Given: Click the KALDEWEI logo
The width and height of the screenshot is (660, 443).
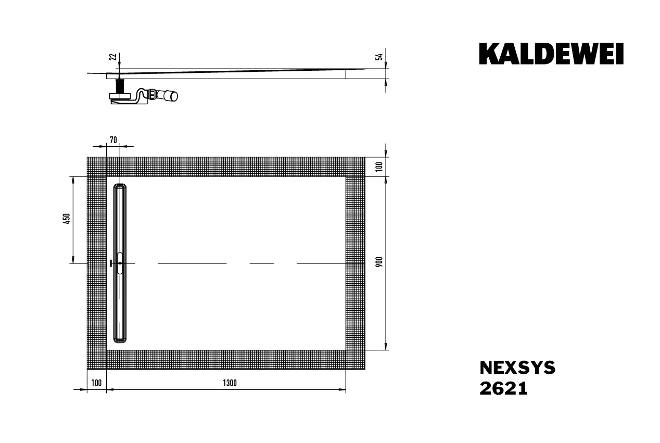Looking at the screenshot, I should [551, 54].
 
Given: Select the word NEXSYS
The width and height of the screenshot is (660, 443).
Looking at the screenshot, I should [517, 368].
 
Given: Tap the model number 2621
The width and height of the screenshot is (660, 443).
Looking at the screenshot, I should [503, 388].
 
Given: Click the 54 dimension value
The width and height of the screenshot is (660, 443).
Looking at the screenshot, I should [379, 57].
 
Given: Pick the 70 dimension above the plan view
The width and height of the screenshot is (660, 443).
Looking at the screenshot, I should [113, 139].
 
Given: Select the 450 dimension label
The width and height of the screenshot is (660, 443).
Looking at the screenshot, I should [66, 219].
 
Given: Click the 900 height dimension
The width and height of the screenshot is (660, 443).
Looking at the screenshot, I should [379, 263].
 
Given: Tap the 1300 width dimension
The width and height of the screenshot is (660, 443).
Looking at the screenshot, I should [230, 383].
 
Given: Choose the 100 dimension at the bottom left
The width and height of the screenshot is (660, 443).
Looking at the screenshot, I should [96, 383].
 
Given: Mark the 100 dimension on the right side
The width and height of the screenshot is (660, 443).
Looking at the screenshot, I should [379, 167].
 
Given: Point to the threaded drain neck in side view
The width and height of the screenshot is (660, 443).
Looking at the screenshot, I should [120, 85].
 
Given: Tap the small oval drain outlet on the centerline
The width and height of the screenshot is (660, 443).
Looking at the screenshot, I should [120, 263].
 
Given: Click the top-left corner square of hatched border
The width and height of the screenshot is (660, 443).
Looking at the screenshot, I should [96, 167].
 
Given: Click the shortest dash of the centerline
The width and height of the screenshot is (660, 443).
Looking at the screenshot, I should [261, 263].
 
